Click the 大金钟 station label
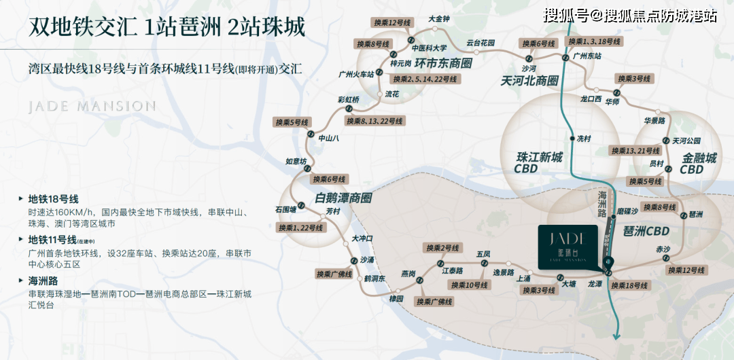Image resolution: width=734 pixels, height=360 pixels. tap(439, 19)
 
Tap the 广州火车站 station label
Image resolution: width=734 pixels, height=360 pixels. tap(357, 73)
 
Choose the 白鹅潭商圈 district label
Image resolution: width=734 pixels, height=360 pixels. tap(343, 198)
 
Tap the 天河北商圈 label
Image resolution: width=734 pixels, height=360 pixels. tap(529, 80)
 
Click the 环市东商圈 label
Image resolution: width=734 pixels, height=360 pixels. tap(443, 64)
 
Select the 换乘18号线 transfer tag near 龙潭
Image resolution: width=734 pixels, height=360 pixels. tap(629, 285)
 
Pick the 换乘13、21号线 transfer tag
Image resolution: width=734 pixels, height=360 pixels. tap(635, 151)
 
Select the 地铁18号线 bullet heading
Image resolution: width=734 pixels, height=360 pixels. tap(53, 199)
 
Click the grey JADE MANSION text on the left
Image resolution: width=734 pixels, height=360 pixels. tap(92, 106)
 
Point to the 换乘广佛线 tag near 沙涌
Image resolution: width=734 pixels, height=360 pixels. tap(334, 274)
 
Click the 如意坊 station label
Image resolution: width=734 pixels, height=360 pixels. tap(296, 161)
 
